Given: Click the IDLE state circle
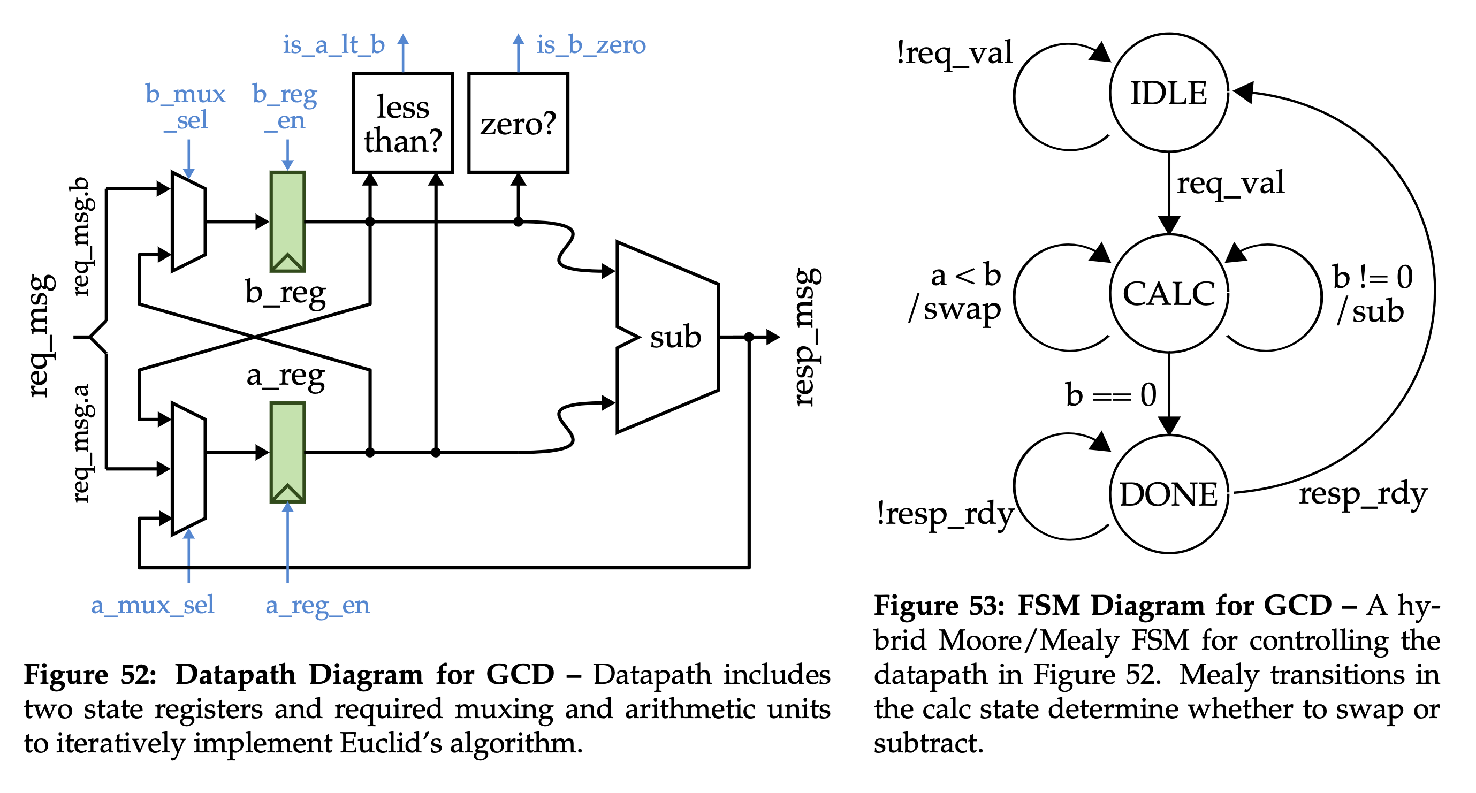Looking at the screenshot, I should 1169,93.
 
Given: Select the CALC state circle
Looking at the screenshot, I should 1169,293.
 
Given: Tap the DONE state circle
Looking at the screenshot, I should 1169,494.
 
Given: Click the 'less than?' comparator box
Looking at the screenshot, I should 403,123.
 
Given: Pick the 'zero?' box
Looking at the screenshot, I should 518,123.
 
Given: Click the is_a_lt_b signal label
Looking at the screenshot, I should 333,45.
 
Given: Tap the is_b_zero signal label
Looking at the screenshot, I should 591,45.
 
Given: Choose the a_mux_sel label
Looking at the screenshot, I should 153,605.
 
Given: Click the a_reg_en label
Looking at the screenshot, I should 317,605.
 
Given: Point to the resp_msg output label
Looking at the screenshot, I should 807,337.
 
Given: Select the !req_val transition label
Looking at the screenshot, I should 955,54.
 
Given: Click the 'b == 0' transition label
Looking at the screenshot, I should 1110,395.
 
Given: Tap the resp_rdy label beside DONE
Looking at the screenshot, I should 1363,494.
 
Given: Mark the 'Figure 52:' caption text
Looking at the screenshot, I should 90,674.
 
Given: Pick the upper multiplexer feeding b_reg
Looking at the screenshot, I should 188,221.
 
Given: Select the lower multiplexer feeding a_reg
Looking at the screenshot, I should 188,469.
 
